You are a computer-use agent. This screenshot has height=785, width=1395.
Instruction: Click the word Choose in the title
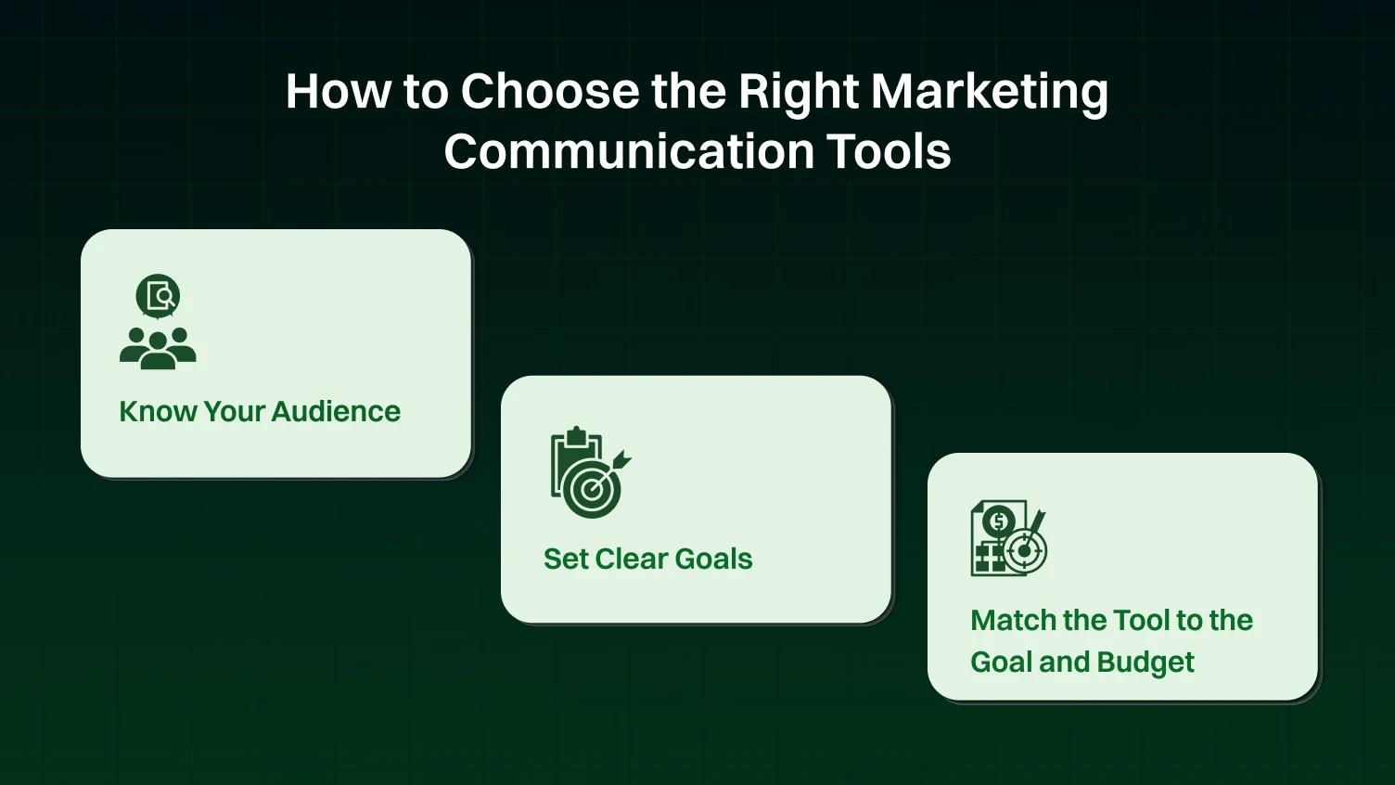click(x=550, y=92)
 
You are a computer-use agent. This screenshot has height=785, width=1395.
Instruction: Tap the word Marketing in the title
click(x=989, y=92)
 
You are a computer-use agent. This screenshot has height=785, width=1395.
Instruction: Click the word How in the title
click(x=338, y=92)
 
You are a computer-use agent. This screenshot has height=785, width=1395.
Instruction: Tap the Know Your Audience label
click(x=260, y=411)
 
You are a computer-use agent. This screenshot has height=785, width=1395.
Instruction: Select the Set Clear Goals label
click(x=647, y=559)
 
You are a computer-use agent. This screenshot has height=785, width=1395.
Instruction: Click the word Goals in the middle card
click(x=713, y=559)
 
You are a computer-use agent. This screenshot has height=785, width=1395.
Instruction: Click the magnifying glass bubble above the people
click(x=158, y=297)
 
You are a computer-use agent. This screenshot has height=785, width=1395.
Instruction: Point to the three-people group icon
click(x=158, y=348)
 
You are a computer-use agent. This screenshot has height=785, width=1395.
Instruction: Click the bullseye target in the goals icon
click(x=592, y=490)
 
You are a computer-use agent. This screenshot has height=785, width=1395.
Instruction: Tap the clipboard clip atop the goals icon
click(x=576, y=434)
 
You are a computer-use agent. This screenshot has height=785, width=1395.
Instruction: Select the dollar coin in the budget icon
click(x=998, y=521)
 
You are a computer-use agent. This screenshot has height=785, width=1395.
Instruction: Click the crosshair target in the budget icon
click(x=1025, y=550)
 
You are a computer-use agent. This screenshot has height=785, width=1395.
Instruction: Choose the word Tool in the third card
click(x=1141, y=620)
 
